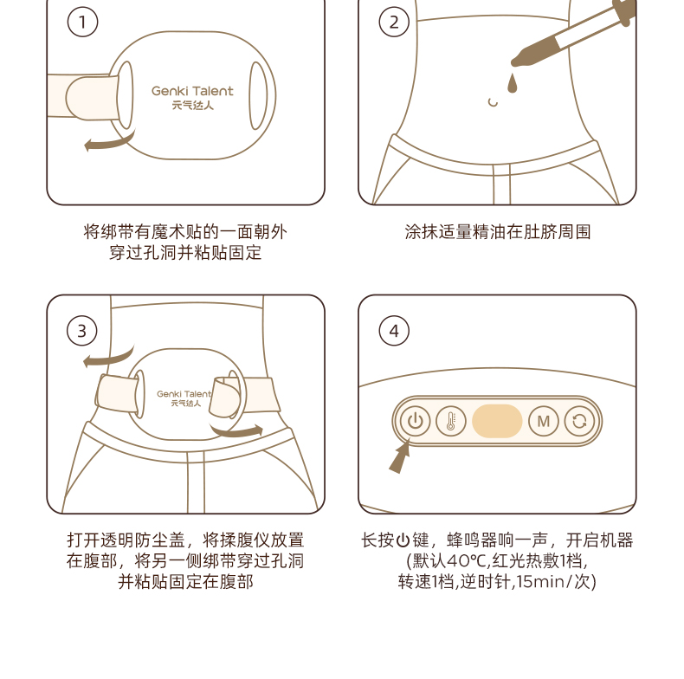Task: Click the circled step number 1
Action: pos(82,22)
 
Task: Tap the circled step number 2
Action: pos(394,22)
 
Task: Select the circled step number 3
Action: pos(82,331)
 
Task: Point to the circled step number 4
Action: pos(394,331)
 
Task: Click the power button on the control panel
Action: pos(415,421)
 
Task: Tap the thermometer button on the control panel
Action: pos(451,421)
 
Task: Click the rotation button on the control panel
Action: pos(579,421)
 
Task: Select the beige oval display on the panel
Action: pos(497,421)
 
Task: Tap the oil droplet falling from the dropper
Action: pos(512,83)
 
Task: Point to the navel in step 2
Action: pos(493,102)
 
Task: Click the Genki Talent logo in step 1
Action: pos(192,97)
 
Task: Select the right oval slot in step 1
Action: pos(258,95)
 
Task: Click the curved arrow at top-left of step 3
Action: pos(109,357)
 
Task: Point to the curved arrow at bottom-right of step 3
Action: pos(238,430)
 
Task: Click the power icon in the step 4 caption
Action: pos(403,540)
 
